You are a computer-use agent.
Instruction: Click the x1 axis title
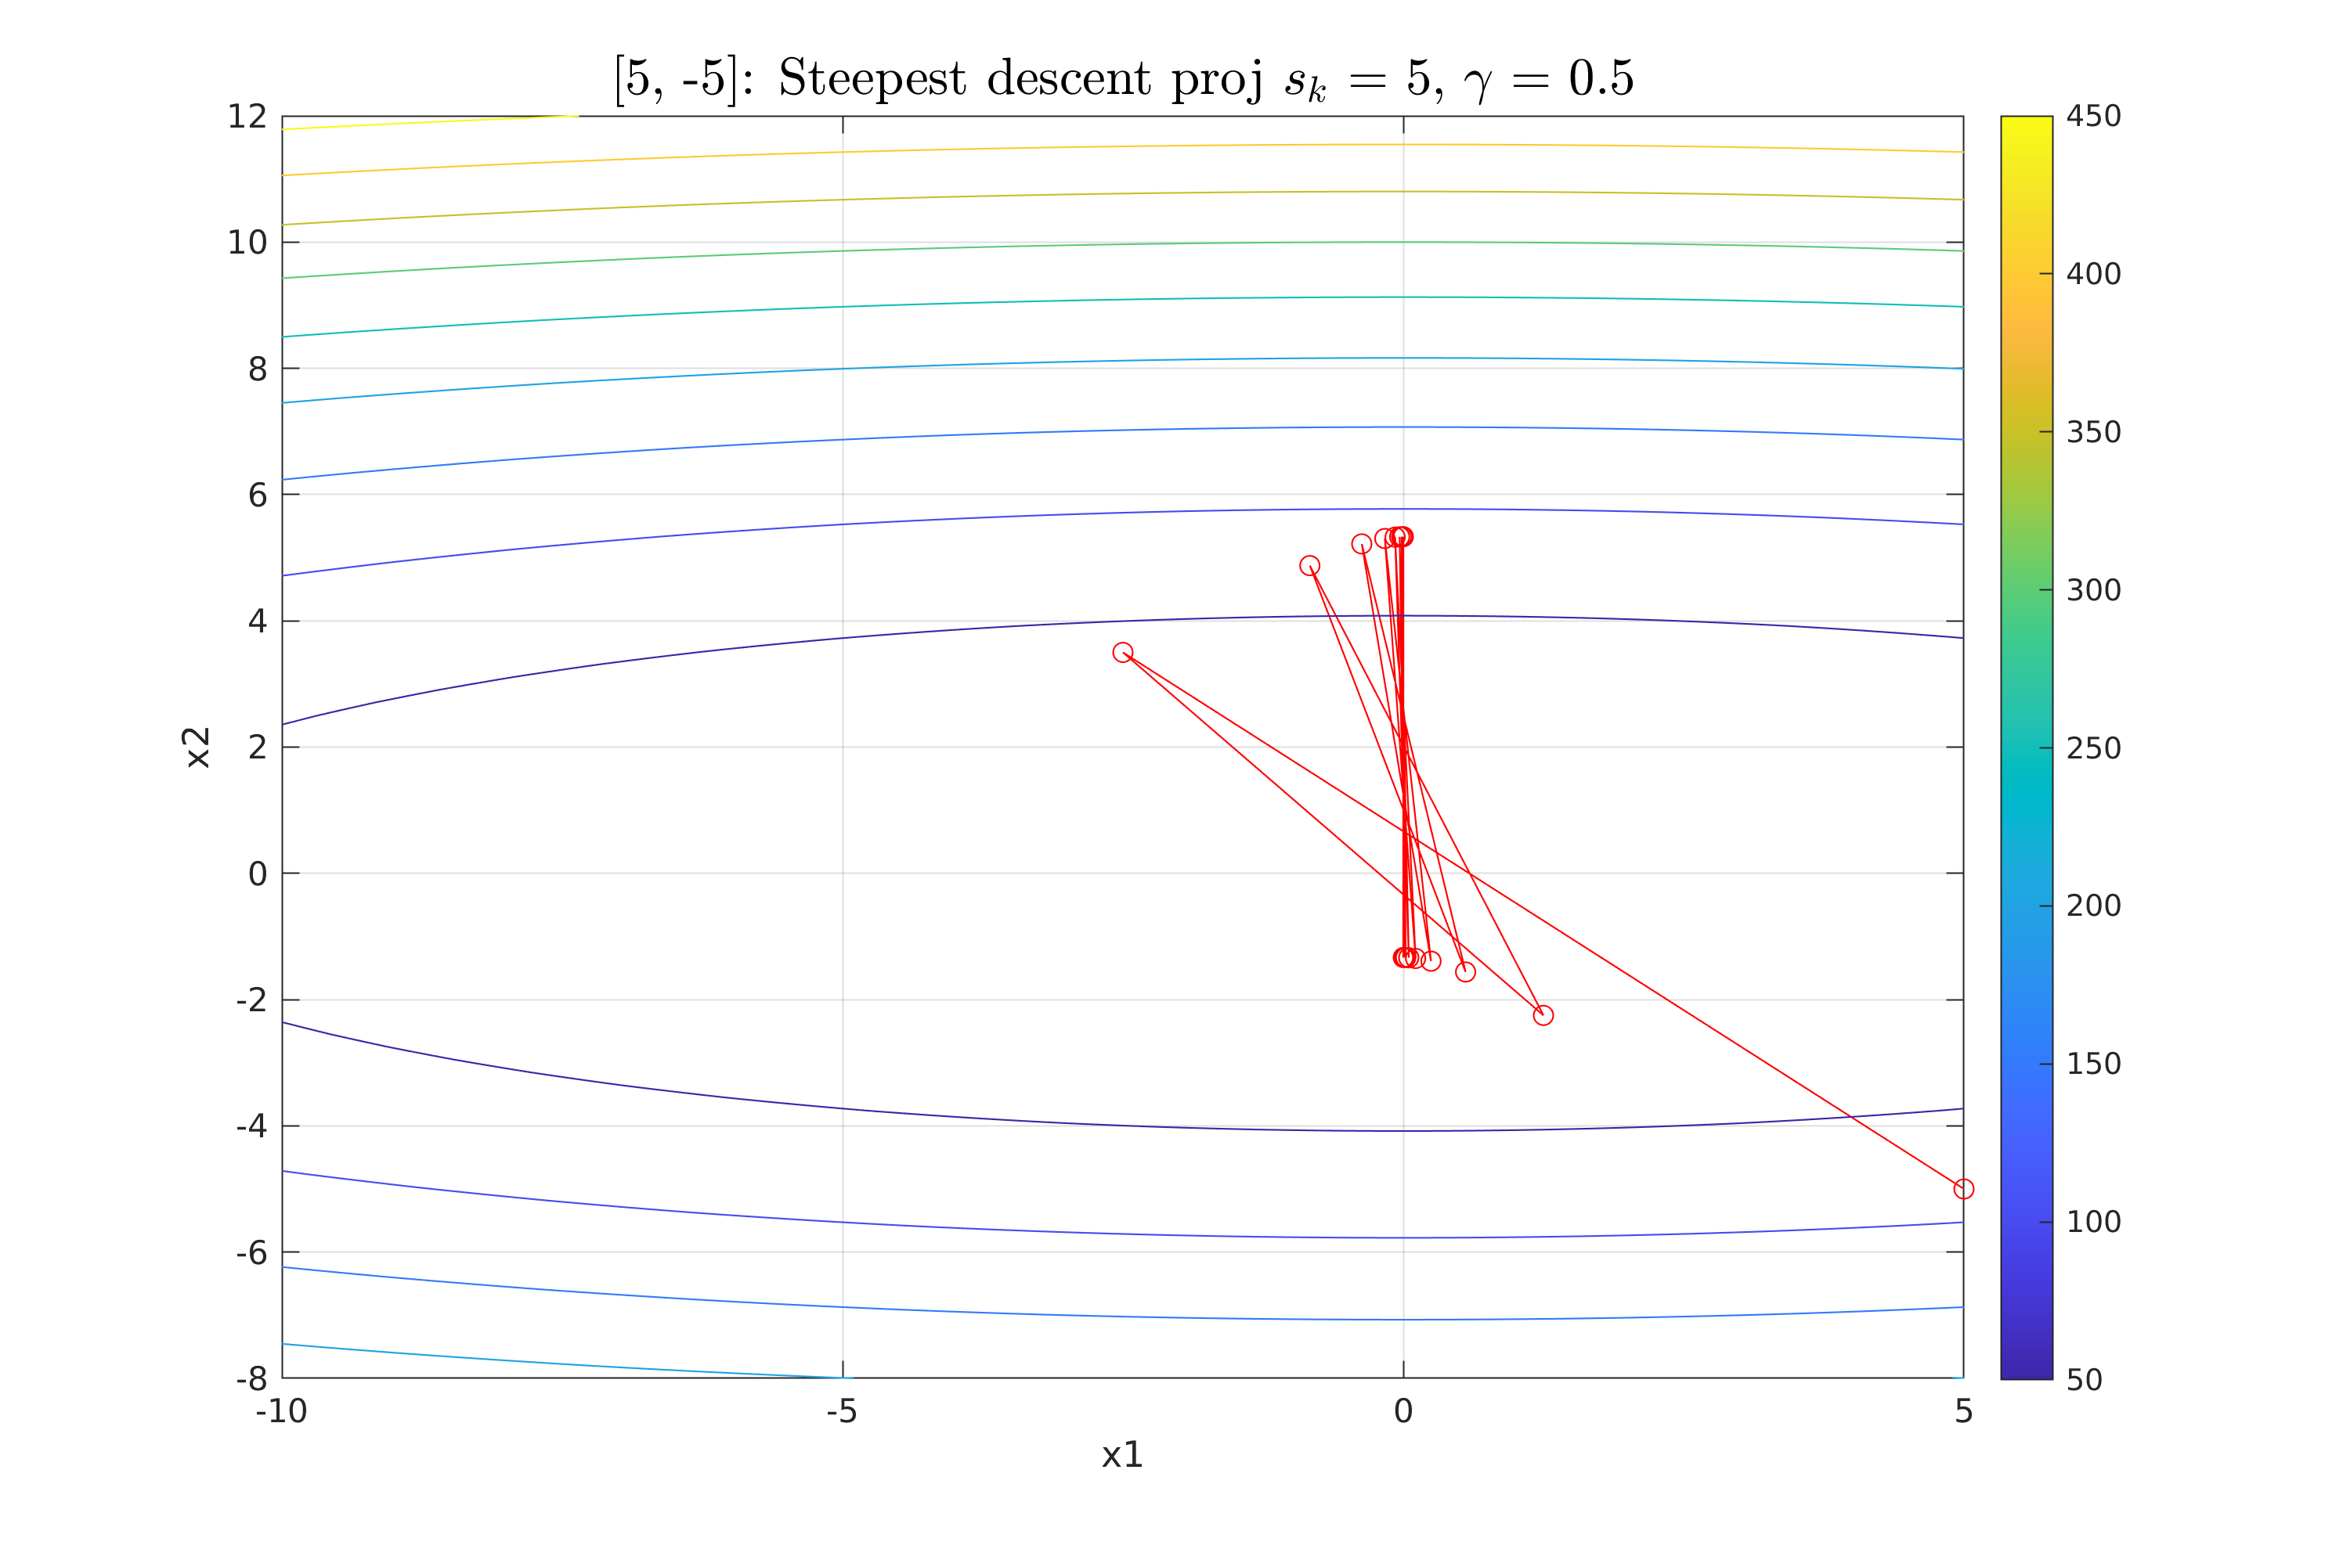click(1121, 1455)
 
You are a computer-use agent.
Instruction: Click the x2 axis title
click(199, 747)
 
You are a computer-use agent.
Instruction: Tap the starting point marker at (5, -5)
click(1962, 1188)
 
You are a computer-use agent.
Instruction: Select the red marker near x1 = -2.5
click(1122, 652)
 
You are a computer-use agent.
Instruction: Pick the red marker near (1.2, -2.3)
click(1543, 1015)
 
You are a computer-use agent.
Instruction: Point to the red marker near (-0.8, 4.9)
click(1309, 566)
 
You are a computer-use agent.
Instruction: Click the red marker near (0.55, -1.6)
click(1465, 972)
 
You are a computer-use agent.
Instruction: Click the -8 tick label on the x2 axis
click(251, 1378)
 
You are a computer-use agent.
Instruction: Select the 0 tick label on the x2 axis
click(257, 874)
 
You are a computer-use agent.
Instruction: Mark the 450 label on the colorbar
click(2092, 117)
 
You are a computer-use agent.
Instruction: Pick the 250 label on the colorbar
click(2092, 747)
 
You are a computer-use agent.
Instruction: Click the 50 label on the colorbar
click(2084, 1380)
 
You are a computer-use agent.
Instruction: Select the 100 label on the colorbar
click(2092, 1222)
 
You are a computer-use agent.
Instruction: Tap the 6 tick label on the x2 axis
click(257, 495)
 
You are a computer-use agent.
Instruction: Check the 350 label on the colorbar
click(2092, 432)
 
